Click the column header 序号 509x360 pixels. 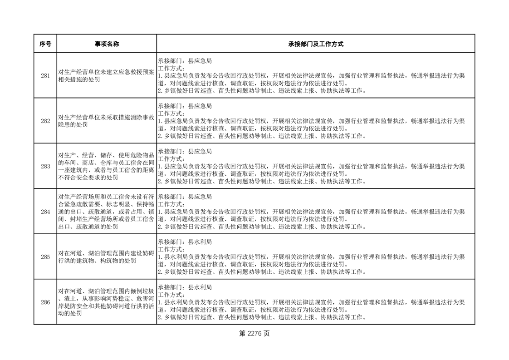45,44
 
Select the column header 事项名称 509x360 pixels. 107,44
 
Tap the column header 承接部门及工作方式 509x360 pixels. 315,44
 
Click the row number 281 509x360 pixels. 45,76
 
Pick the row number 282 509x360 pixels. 45,121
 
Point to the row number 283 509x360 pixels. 45,166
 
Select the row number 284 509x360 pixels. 45,212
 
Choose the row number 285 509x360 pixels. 45,257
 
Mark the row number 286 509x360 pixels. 45,302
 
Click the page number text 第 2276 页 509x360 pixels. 254,334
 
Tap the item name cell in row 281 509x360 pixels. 107,76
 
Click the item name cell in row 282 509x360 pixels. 107,121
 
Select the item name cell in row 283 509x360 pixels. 107,166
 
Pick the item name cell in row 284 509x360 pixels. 107,212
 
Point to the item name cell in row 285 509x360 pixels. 107,257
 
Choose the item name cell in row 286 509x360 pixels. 107,302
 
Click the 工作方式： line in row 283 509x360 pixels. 171,159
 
